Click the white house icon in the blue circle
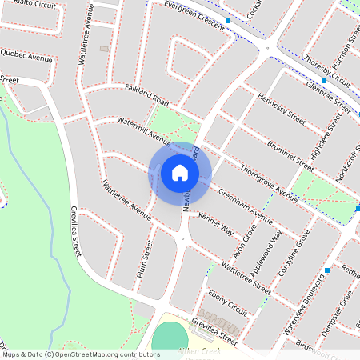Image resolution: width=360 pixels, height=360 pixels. [180, 173]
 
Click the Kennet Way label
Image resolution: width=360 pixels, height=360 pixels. [216, 223]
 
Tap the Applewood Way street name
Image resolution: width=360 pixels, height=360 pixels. [266, 253]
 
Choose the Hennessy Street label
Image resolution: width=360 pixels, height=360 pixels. [282, 111]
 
